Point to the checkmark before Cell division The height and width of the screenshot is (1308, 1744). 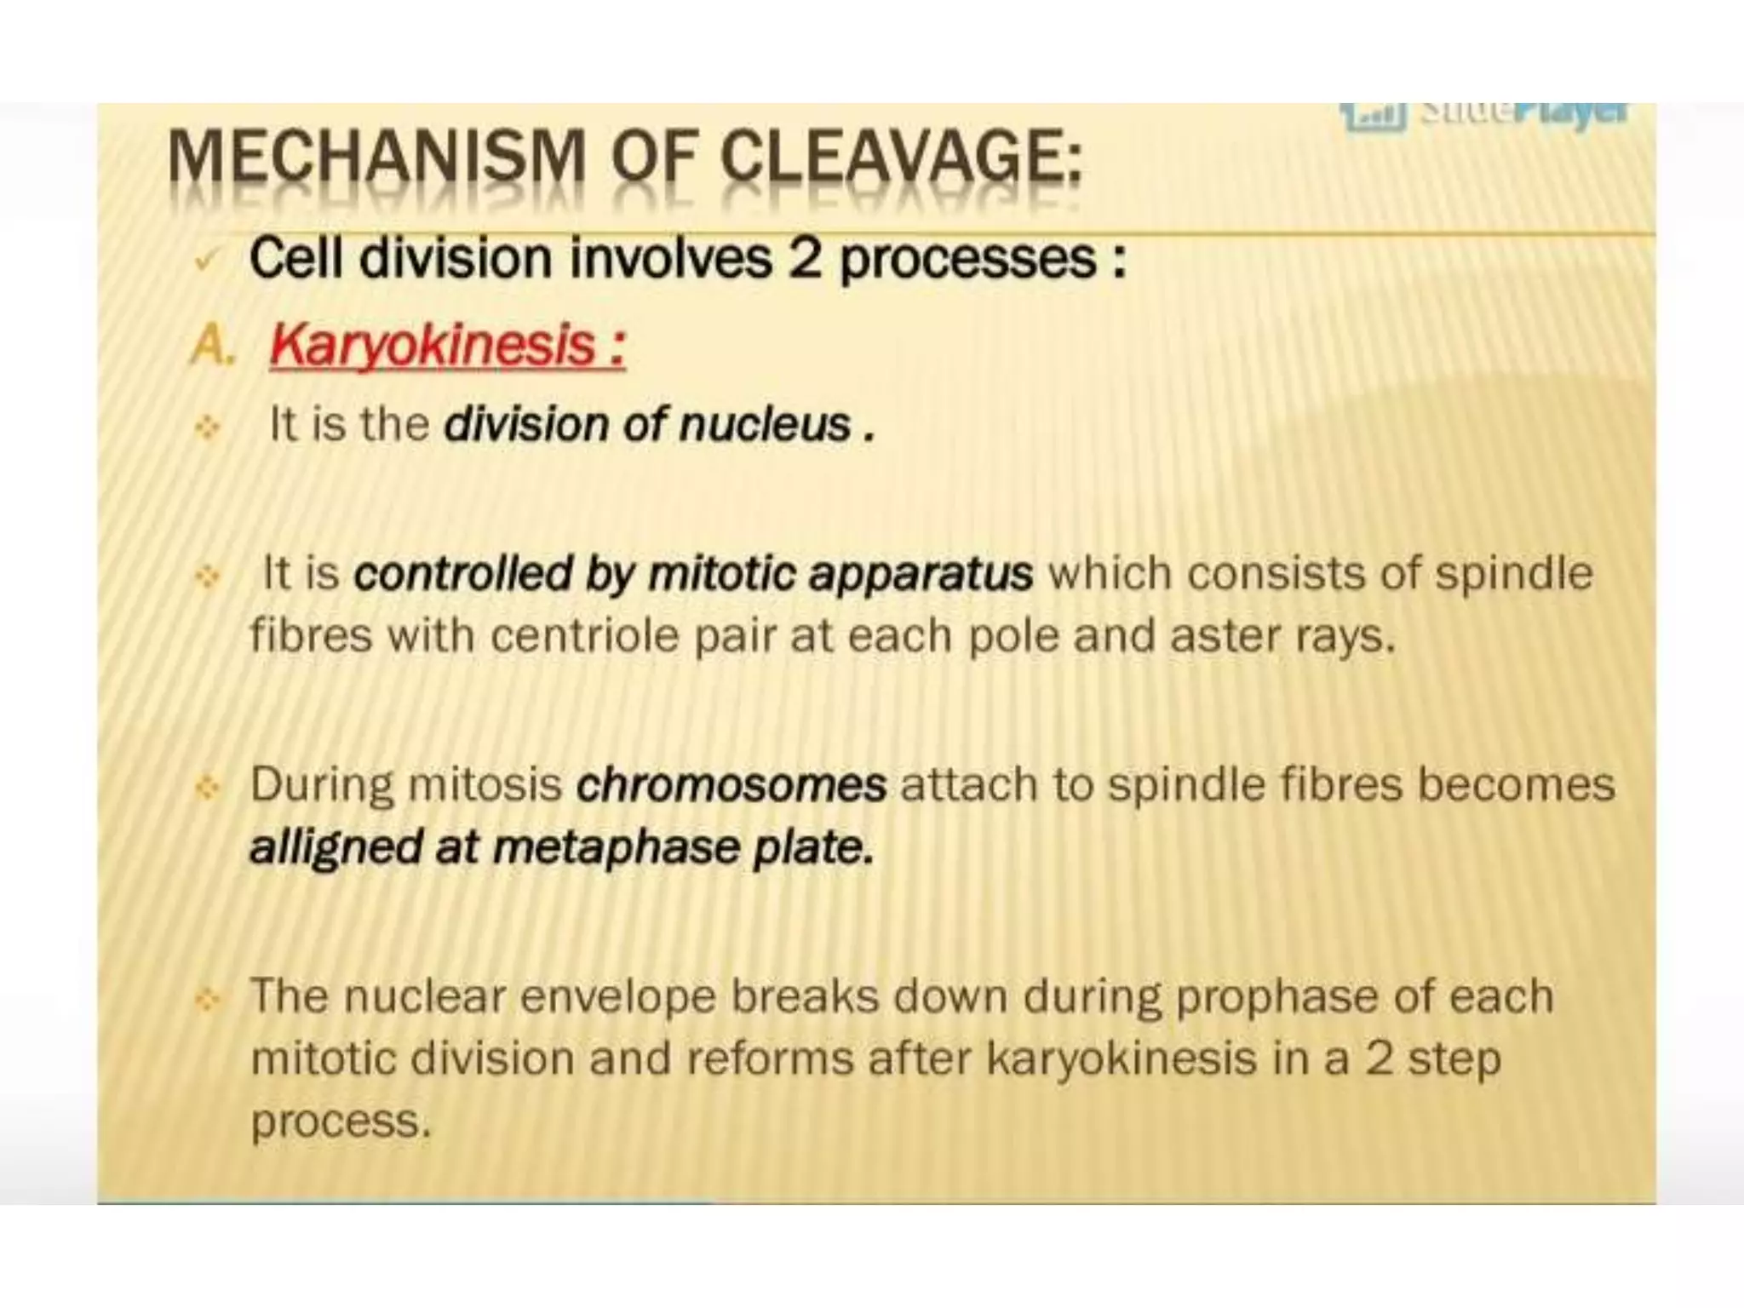coord(204,260)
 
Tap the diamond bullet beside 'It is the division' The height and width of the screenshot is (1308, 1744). coord(207,427)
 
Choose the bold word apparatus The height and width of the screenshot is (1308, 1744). coord(921,573)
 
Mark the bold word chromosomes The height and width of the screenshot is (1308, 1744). coord(731,784)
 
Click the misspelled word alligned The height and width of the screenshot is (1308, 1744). coord(336,848)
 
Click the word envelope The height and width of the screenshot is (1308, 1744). coord(617,997)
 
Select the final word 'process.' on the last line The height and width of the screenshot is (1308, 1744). coord(341,1122)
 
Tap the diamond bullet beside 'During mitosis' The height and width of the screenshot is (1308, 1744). coord(207,787)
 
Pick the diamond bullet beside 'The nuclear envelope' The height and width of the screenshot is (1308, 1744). coord(207,998)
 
